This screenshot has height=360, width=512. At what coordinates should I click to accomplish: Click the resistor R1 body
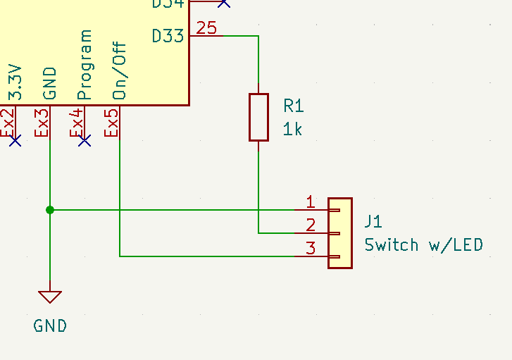tap(258, 117)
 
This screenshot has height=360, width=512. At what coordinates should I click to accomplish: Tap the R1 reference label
tap(294, 106)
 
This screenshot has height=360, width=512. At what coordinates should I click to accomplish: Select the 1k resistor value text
tap(293, 129)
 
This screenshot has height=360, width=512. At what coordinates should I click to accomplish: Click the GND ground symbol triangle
tap(50, 297)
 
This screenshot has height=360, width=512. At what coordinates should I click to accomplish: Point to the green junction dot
tap(49, 209)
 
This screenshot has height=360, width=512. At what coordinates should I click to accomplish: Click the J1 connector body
tap(340, 232)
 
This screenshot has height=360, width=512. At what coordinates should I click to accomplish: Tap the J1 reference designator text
tap(373, 222)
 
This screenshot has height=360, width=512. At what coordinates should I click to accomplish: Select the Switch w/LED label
tap(424, 245)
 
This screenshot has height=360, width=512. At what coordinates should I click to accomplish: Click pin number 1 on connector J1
tap(311, 202)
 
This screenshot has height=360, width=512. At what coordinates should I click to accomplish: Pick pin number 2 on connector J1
tap(311, 225)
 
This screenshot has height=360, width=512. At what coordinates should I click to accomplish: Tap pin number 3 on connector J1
tap(311, 248)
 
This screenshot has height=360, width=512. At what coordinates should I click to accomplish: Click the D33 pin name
tap(168, 35)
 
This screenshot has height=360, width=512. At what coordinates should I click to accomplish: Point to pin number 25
tap(207, 28)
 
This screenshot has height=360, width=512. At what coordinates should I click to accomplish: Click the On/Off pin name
tap(120, 70)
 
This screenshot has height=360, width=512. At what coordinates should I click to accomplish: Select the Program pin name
tap(85, 65)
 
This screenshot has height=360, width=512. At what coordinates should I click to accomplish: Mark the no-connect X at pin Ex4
tap(85, 141)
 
